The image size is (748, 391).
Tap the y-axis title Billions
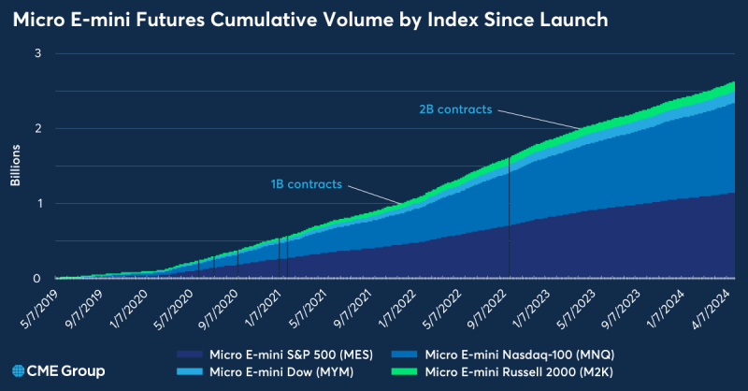point(16,166)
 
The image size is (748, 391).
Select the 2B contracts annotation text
point(455,109)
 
